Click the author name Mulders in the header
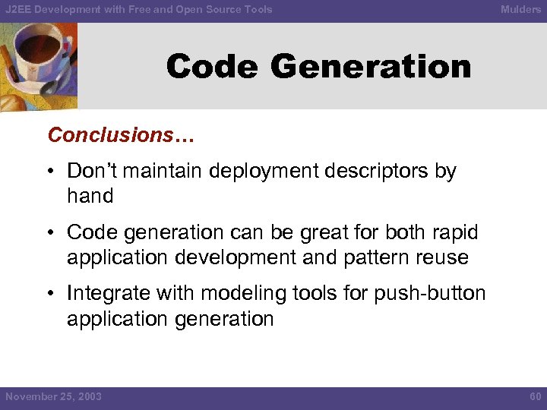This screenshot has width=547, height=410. (x=520, y=10)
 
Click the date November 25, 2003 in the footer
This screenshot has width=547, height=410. (x=53, y=397)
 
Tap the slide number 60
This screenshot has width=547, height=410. (x=534, y=397)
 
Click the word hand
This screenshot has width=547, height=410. (x=90, y=196)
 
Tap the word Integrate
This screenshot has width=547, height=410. (x=107, y=294)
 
